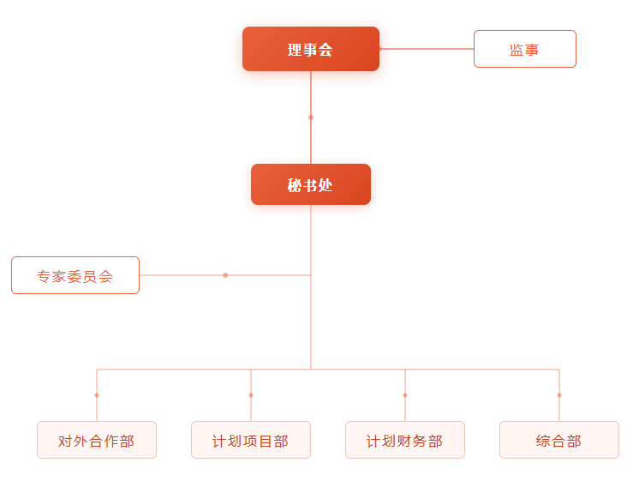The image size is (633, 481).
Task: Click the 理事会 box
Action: point(310,49)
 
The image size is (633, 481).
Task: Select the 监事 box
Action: point(524,49)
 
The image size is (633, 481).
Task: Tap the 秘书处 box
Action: point(310,184)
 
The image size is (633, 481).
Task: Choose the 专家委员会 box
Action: point(75,275)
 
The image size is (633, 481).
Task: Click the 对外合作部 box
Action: point(97,440)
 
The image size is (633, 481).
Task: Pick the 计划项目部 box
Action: point(251,440)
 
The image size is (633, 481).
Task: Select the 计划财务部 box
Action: point(405,440)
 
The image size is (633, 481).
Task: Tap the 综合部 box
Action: point(559,440)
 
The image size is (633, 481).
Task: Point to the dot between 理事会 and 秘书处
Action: point(311,117)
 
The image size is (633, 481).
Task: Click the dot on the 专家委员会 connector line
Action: point(225,275)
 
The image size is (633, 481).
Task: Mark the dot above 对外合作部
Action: point(97,395)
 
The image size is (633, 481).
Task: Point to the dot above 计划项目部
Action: point(251,395)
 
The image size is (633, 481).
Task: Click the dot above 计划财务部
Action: point(405,395)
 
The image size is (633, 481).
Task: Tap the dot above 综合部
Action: point(559,395)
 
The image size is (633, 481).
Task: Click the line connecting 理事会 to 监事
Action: point(427,49)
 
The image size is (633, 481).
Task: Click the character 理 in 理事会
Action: point(295,50)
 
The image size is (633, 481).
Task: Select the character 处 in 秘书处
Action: point(325,185)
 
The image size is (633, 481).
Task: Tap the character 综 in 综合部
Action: point(544,442)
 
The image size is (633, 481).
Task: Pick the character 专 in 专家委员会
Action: point(45,277)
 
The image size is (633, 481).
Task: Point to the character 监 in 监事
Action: point(517,50)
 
